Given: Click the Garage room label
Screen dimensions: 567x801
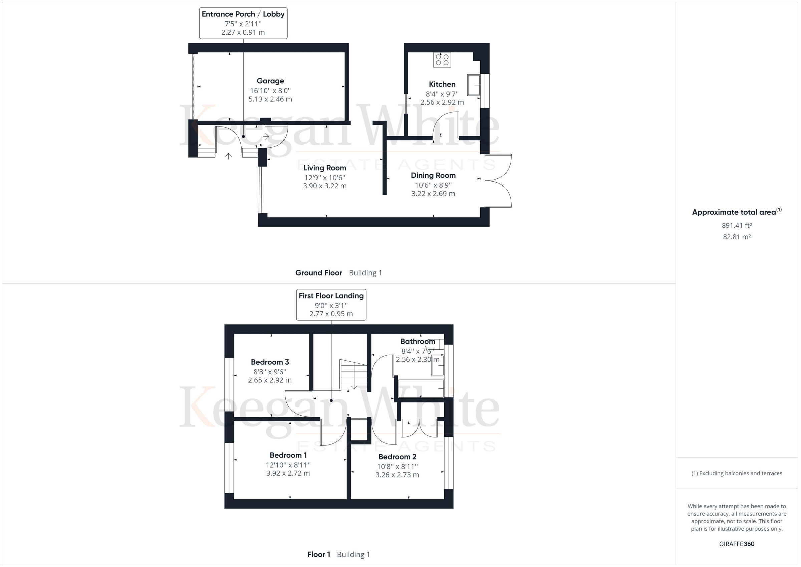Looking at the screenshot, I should pyautogui.click(x=270, y=81).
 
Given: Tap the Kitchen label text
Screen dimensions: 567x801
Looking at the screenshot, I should pyautogui.click(x=442, y=84).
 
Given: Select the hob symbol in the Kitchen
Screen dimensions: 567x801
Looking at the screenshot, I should pyautogui.click(x=442, y=60).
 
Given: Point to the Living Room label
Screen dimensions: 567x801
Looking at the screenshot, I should pyautogui.click(x=324, y=168).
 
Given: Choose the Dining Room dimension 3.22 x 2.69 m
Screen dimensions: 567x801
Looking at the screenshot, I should pyautogui.click(x=433, y=194).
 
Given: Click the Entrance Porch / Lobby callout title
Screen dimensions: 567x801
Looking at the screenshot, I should pyautogui.click(x=243, y=14).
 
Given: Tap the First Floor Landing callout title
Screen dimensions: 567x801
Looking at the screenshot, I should pyautogui.click(x=331, y=296).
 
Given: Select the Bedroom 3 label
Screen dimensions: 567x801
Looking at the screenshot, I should pyautogui.click(x=270, y=362).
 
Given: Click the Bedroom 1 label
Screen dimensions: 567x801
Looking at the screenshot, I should pyautogui.click(x=288, y=455).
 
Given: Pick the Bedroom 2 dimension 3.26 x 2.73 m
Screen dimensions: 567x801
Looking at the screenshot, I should pyautogui.click(x=397, y=475).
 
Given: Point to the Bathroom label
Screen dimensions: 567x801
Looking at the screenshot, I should pyautogui.click(x=417, y=342).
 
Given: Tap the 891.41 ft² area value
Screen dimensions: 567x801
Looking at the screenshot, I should pyautogui.click(x=737, y=225).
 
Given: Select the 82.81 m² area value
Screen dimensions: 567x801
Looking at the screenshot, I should pyautogui.click(x=737, y=237).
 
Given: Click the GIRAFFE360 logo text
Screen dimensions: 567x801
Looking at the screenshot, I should pyautogui.click(x=737, y=544).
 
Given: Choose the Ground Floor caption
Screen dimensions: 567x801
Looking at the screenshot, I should pyautogui.click(x=318, y=273).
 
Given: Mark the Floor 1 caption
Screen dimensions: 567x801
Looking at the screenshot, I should pyautogui.click(x=318, y=554).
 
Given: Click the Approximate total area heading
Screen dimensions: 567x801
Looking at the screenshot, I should pyautogui.click(x=737, y=212).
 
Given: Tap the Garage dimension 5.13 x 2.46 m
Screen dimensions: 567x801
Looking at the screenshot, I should pyautogui.click(x=270, y=99).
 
